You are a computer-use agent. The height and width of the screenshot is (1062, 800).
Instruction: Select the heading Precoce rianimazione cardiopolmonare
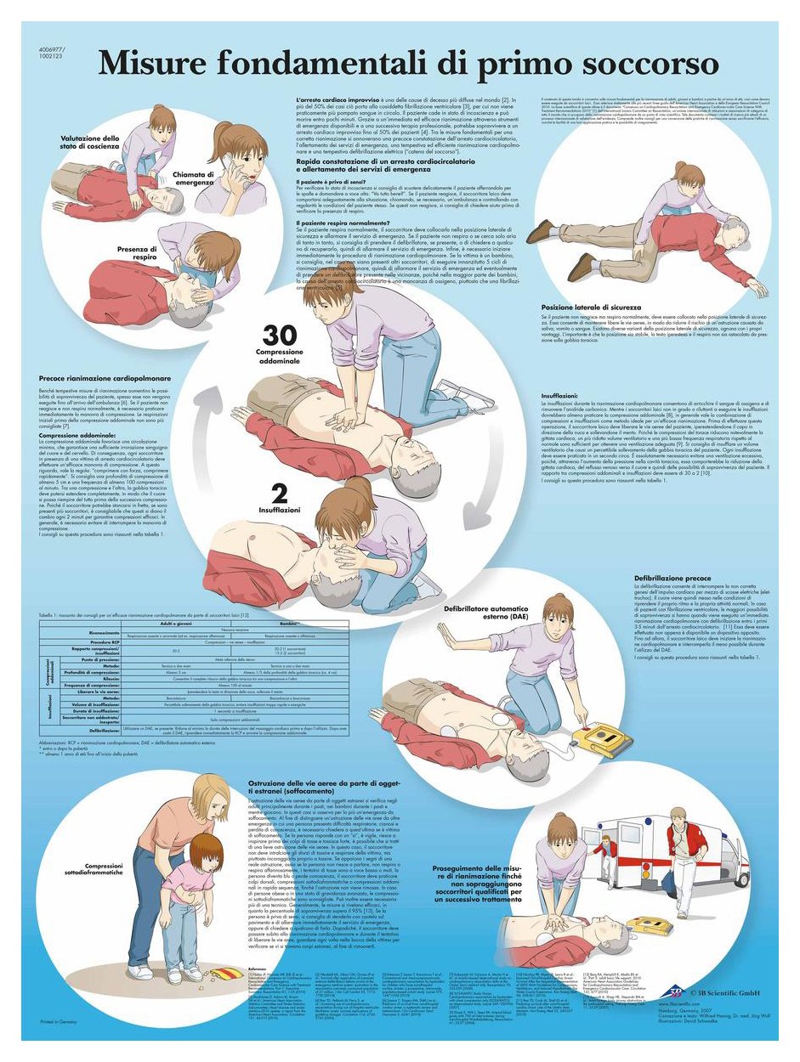[105, 378]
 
